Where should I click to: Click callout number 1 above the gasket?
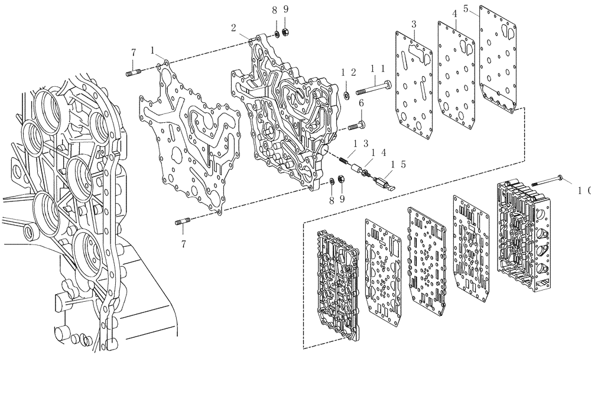(x=153, y=50)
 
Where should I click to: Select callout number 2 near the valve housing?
(x=234, y=27)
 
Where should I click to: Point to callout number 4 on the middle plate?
(x=454, y=14)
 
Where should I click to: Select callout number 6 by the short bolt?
(x=362, y=104)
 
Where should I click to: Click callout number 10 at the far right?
(x=584, y=190)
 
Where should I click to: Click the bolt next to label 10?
(x=547, y=181)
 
